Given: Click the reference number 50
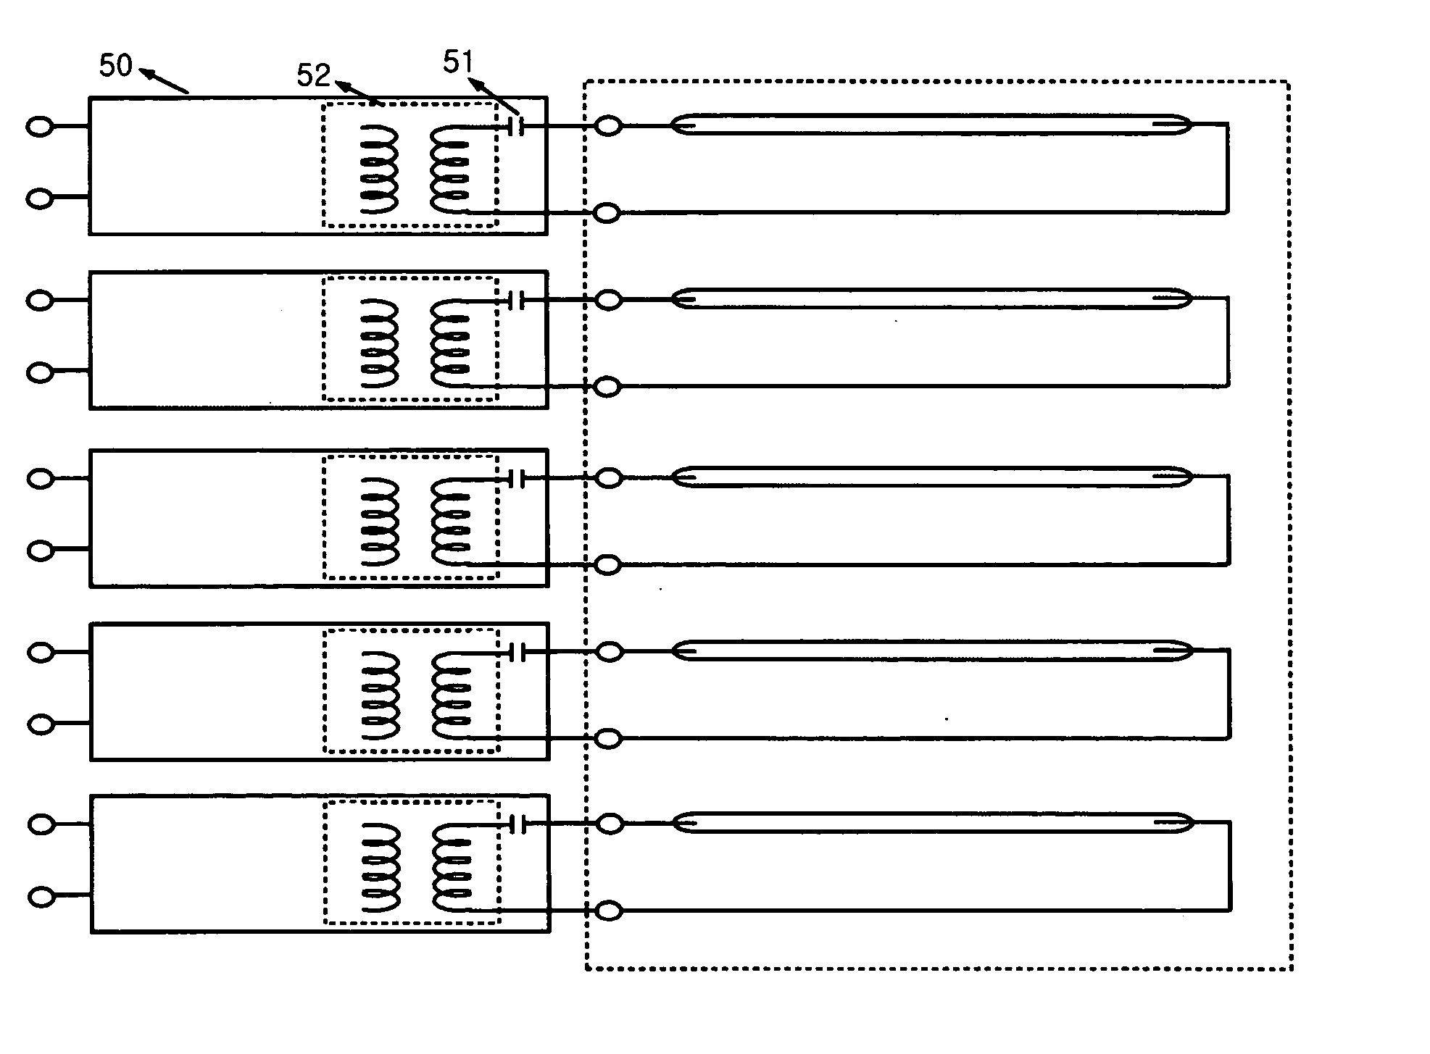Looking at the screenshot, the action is click(116, 66).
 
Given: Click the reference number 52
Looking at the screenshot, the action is click(313, 75).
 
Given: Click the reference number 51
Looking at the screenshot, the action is click(458, 63).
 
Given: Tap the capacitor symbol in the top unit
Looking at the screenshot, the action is click(516, 126).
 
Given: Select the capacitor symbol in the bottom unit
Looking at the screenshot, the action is click(517, 824).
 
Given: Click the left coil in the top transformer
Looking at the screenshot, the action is click(378, 169).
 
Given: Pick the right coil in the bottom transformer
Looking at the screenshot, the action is click(452, 868).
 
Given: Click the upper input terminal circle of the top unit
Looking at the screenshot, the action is click(39, 127).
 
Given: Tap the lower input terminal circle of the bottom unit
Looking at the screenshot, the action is click(42, 897).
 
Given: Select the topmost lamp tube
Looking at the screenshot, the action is click(931, 124).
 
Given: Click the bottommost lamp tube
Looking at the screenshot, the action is click(933, 822).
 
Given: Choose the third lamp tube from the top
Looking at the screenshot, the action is click(932, 476).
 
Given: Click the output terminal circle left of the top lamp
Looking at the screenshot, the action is click(608, 126).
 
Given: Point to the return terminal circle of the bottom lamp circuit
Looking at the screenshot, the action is click(609, 911).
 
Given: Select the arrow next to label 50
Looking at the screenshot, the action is click(164, 80).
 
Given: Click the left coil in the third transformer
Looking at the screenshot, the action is click(379, 521).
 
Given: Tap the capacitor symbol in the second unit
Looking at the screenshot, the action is click(516, 299).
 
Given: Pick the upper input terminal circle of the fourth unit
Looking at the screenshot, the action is click(41, 652).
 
